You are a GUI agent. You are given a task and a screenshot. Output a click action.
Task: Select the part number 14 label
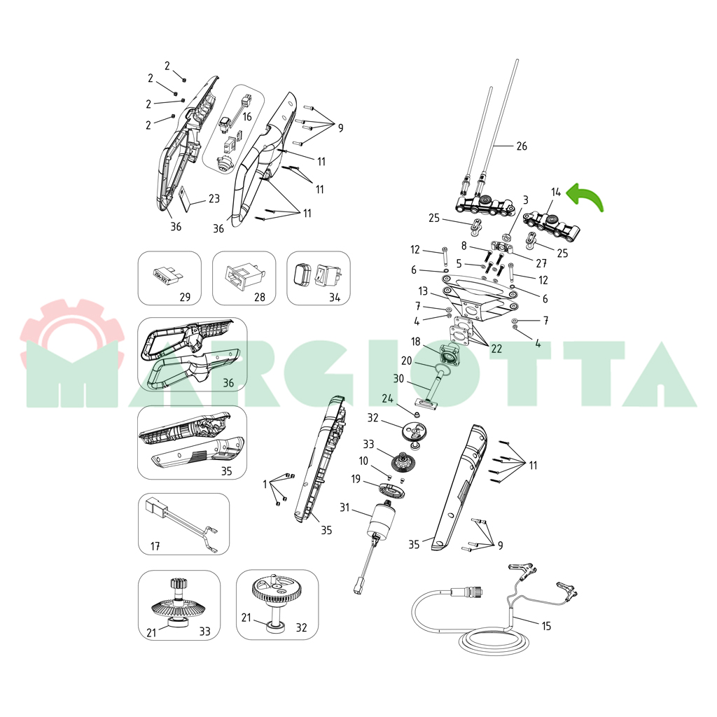click(x=555, y=192)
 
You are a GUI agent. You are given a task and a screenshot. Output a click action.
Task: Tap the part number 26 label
click(x=522, y=146)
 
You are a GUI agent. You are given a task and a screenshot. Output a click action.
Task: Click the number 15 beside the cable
click(x=546, y=626)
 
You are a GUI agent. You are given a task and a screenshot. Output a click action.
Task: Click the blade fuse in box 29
click(x=167, y=276)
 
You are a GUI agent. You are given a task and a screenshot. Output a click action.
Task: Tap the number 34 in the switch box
click(x=335, y=298)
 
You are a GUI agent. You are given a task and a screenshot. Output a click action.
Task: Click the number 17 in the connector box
click(x=155, y=546)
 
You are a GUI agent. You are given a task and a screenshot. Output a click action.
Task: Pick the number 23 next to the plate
click(x=214, y=198)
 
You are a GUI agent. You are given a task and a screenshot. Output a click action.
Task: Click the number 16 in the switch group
click(x=247, y=117)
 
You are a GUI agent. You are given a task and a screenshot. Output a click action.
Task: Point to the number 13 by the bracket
click(x=423, y=291)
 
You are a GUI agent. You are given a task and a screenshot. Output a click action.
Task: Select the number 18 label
click(x=416, y=342)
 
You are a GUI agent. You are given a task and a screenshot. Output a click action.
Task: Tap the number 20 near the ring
click(x=407, y=361)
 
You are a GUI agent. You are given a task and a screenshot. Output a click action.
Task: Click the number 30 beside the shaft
click(x=398, y=379)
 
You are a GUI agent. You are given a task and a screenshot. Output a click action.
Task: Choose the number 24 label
click(x=387, y=398)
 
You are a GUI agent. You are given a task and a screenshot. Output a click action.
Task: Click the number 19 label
click(x=356, y=479)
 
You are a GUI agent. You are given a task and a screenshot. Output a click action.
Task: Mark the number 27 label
click(x=541, y=263)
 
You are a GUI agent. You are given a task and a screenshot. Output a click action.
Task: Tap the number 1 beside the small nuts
click(x=265, y=485)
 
